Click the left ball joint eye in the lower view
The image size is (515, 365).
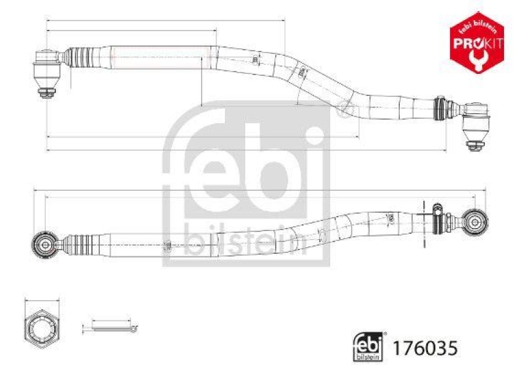pos(45,243)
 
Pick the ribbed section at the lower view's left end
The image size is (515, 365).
pos(81,244)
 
